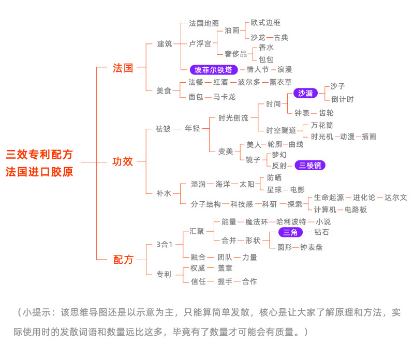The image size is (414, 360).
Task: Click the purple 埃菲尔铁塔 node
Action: [x=214, y=69]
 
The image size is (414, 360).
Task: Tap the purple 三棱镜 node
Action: [x=310, y=166]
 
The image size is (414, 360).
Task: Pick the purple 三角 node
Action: [x=290, y=232]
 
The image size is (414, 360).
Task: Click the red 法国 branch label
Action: [x=123, y=68]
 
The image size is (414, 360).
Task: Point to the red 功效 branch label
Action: [x=123, y=161]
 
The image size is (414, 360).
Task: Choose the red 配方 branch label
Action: [x=123, y=259]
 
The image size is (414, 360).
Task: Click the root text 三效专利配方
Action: [x=39, y=154]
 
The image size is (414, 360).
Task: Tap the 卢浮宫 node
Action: [x=200, y=44]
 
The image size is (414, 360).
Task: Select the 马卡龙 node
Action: [x=225, y=97]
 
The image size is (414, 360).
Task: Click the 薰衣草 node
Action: [x=280, y=82]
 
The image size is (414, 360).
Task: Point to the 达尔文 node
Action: [x=395, y=198]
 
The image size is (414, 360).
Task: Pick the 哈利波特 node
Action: [x=291, y=222]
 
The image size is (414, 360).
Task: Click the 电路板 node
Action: [x=356, y=209]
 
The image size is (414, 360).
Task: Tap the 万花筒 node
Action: [x=322, y=125]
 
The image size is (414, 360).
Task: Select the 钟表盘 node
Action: [x=312, y=247]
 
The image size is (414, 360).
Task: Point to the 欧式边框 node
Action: [x=265, y=23]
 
